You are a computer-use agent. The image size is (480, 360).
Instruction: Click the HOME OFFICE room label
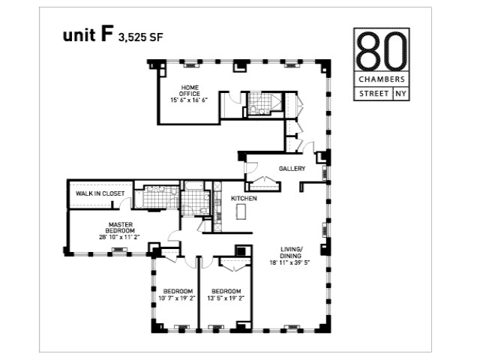(x=190, y=91)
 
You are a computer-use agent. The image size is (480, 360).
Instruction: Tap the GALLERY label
(x=292, y=169)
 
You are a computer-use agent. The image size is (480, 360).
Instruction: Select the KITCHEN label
(x=244, y=198)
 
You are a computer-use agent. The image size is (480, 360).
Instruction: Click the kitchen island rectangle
(x=241, y=211)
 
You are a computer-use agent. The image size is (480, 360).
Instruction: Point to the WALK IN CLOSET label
(x=100, y=193)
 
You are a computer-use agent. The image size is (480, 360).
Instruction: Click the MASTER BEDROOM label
(x=120, y=227)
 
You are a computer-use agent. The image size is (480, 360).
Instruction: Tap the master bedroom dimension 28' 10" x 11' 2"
(x=119, y=237)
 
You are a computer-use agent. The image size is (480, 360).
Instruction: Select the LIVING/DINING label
(x=290, y=253)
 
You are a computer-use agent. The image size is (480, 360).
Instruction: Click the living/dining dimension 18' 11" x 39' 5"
(x=290, y=262)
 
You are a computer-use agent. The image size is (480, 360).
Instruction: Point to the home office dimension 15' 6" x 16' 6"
(x=189, y=100)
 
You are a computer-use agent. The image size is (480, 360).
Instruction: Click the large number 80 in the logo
(x=382, y=51)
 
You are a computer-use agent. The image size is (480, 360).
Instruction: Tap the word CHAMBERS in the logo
(x=382, y=79)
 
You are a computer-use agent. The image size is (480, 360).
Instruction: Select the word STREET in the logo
(x=374, y=94)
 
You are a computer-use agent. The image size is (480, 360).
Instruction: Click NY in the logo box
(x=400, y=94)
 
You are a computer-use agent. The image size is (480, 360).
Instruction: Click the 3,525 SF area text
(x=141, y=37)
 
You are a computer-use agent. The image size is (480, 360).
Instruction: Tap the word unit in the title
(x=79, y=35)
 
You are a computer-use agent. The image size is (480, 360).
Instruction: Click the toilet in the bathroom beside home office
(x=253, y=109)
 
